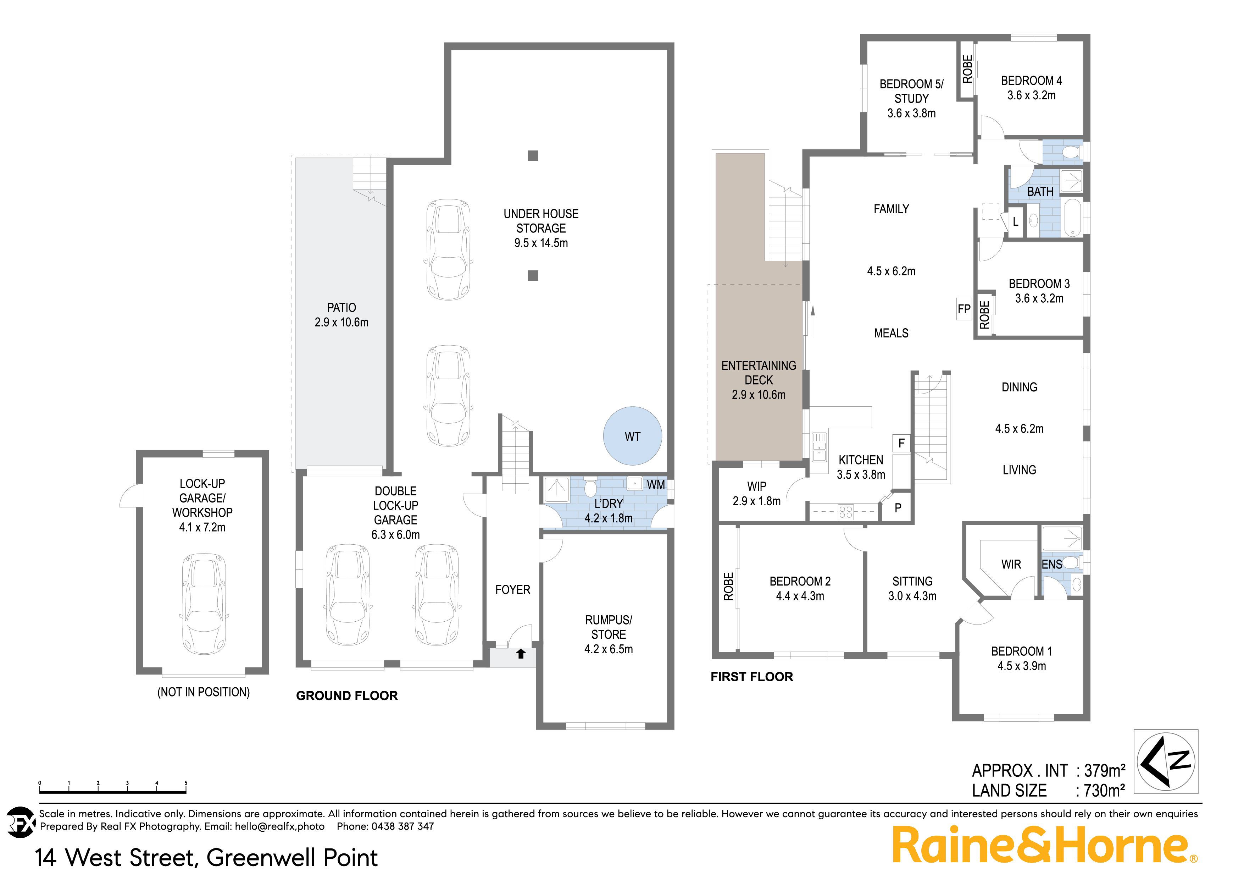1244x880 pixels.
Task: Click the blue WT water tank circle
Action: [x=632, y=436]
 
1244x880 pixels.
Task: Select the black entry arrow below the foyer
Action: [x=521, y=654]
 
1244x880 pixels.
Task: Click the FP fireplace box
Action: [x=964, y=309]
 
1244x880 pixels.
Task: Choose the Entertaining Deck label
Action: [x=759, y=373]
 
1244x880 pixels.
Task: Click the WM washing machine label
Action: [x=656, y=485]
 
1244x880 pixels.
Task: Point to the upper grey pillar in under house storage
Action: [x=533, y=156]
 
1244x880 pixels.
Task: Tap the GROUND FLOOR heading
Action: [x=347, y=695]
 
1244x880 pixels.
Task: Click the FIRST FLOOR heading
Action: [x=751, y=677]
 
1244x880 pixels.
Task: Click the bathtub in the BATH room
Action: [x=1073, y=218]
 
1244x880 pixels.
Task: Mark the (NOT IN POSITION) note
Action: [x=203, y=692]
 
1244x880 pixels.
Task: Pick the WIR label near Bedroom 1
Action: [x=1011, y=565]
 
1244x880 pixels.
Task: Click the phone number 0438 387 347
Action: [x=402, y=826]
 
